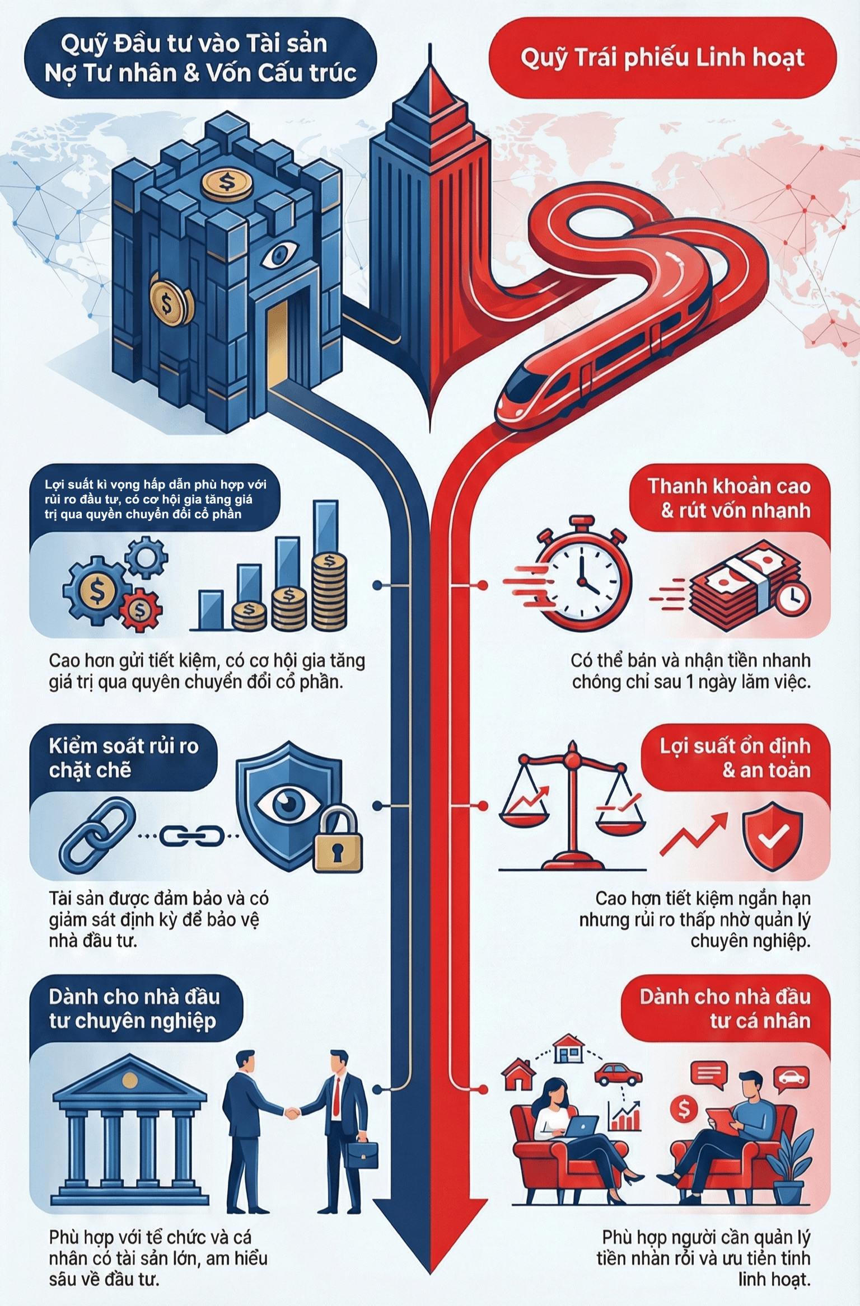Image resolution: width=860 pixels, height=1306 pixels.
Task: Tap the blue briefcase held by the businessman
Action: (361, 1157)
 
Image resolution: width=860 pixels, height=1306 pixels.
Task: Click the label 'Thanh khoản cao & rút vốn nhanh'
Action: (730, 497)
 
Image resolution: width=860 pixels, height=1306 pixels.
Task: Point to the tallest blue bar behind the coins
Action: (325, 528)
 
